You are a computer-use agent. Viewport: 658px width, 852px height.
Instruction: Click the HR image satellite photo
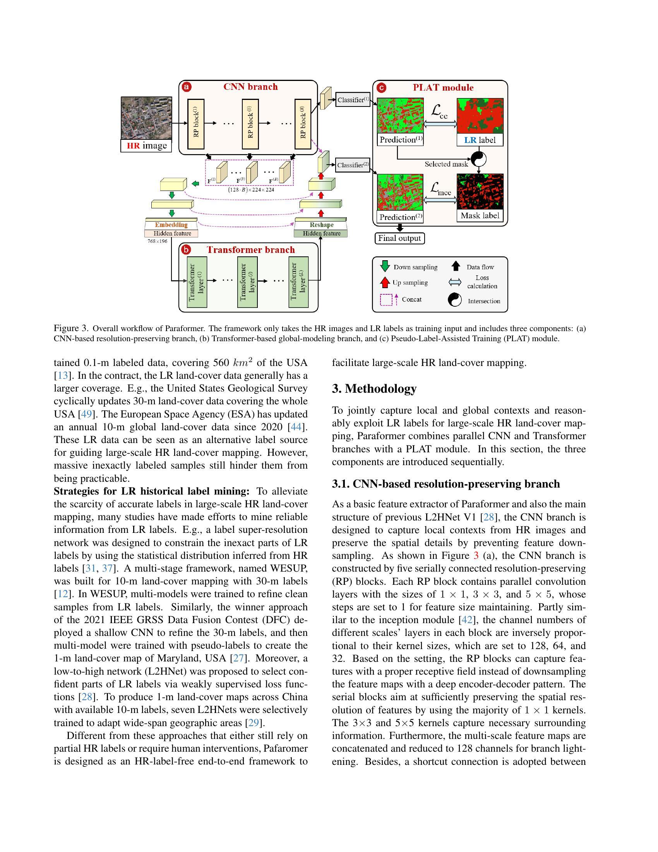146,118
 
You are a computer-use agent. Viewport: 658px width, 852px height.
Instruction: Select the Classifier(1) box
352,100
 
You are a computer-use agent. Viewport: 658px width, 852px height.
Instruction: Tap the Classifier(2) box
352,165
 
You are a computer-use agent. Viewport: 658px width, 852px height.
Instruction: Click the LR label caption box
480,140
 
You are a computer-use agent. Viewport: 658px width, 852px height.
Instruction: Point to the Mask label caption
480,216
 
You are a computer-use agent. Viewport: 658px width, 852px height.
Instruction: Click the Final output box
399,238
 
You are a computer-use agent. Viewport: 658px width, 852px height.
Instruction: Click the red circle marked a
187,87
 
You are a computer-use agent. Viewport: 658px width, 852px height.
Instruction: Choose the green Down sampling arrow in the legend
385,266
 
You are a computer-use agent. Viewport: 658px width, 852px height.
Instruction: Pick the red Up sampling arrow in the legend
385,282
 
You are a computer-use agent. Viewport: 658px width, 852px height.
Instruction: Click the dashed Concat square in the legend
386,300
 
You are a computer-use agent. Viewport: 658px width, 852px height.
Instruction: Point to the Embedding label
171,225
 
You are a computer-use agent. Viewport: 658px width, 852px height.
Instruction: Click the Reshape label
322,225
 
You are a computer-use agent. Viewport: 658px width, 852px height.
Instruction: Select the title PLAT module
443,88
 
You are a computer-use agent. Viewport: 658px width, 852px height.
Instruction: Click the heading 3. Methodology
374,388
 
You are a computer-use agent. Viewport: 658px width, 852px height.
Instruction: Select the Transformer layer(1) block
197,282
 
